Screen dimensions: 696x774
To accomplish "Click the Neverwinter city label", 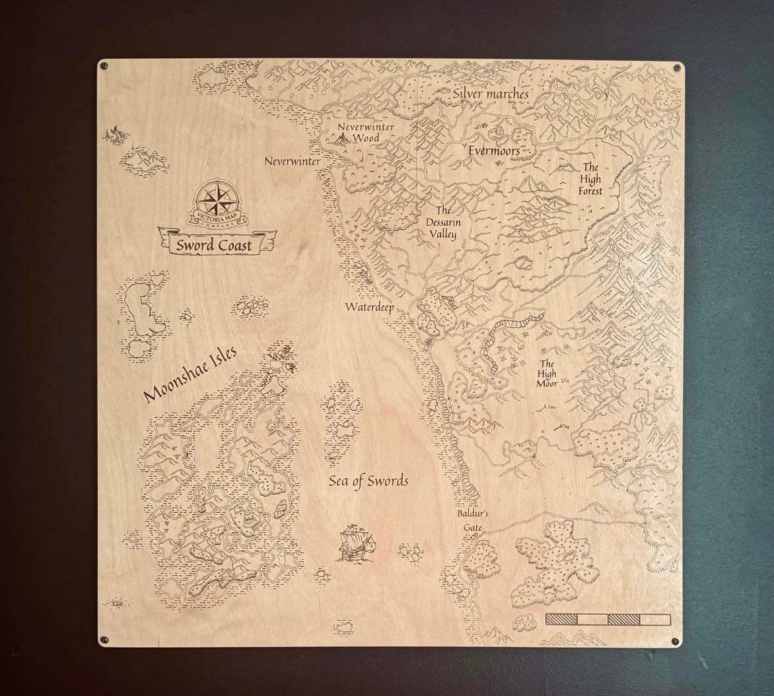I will pos(293,161).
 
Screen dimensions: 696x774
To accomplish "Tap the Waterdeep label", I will pos(370,307).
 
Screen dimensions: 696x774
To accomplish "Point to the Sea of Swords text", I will pos(369,481).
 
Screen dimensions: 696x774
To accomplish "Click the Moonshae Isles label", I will pos(190,372).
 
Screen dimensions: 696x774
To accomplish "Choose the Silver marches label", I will pos(490,94).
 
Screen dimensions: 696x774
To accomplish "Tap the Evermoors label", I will pos(493,151).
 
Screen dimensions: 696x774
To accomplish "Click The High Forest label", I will pos(590,180).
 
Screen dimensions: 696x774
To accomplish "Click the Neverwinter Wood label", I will pos(357,133).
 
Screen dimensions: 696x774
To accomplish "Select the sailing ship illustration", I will pos(355,542).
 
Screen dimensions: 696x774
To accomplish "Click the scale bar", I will pos(608,619).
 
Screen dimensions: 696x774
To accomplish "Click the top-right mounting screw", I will pos(677,67).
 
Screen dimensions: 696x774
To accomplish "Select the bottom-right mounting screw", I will pos(675,641).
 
